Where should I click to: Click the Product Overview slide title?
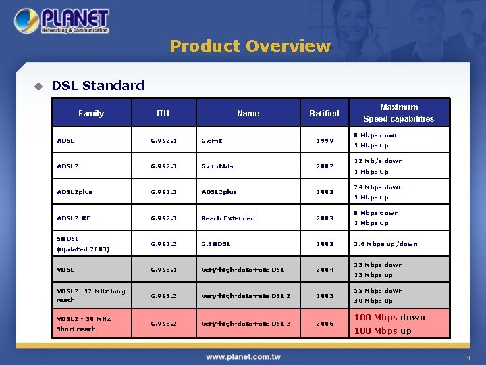coord(250,46)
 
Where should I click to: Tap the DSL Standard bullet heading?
coord(98,85)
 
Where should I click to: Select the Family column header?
coord(91,113)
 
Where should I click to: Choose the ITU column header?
coord(163,113)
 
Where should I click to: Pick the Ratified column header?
coord(324,113)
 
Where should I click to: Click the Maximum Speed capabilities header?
coord(398,113)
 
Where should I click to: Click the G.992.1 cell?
coord(163,141)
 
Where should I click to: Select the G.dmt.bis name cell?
coord(217,166)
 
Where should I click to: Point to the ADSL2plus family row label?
coord(74,191)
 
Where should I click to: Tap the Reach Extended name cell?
coord(228,218)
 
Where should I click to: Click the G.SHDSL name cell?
coord(216,244)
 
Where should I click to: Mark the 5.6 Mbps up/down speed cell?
coord(386,244)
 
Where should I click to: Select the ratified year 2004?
coord(325,270)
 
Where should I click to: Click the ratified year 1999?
coord(325,141)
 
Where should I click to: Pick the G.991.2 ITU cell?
coord(163,244)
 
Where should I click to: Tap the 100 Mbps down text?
coord(389,318)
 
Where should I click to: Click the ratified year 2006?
coord(325,324)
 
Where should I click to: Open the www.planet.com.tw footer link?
coord(243,356)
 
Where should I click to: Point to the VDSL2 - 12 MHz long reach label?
coord(90,295)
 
